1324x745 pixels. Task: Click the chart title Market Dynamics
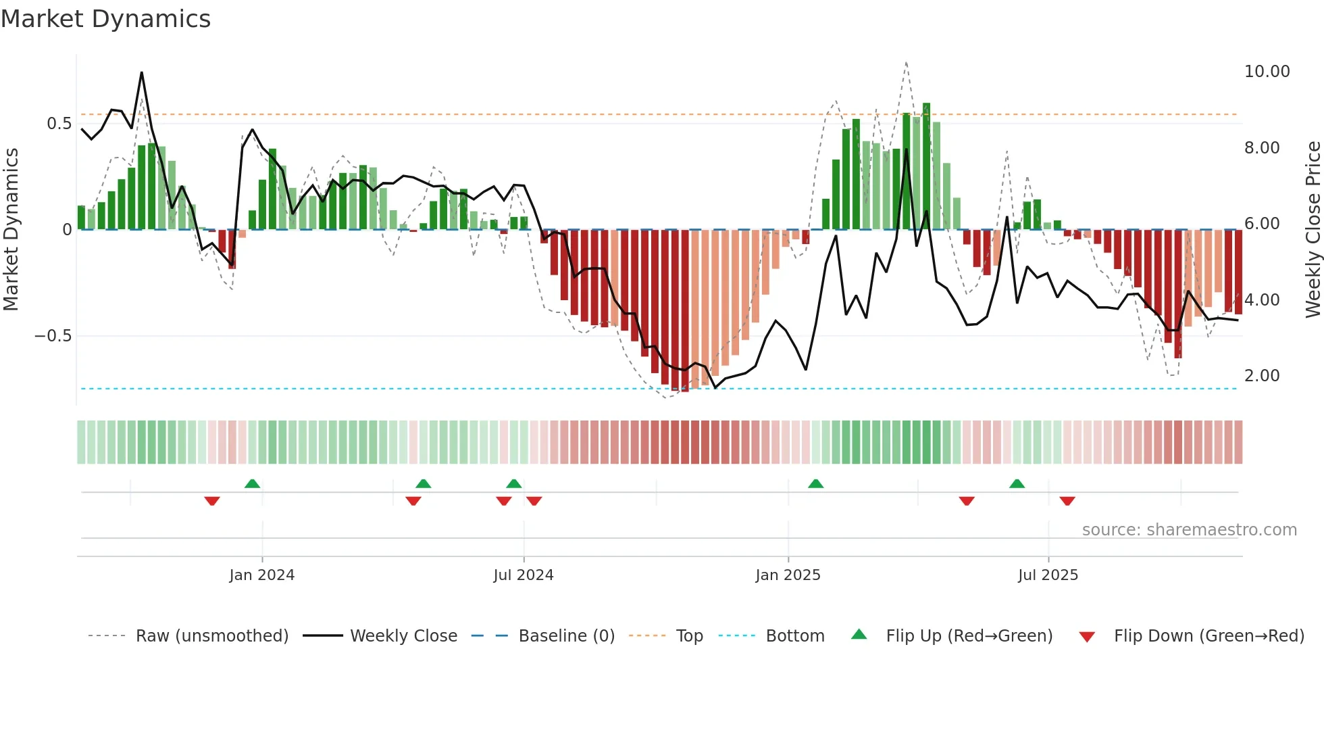pyautogui.click(x=105, y=19)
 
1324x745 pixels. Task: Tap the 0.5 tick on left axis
pyautogui.click(x=59, y=124)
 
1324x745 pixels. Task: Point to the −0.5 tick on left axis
pyautogui.click(x=53, y=336)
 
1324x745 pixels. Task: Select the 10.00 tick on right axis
pyautogui.click(x=1267, y=72)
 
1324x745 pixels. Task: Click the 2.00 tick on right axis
pyautogui.click(x=1262, y=376)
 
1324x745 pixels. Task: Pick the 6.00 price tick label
pyautogui.click(x=1262, y=224)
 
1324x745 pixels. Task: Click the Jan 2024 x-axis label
pyautogui.click(x=262, y=575)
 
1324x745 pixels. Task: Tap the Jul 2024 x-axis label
pyautogui.click(x=524, y=575)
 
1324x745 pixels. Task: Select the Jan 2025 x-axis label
pyautogui.click(x=788, y=575)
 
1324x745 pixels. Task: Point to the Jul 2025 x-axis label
pyautogui.click(x=1048, y=575)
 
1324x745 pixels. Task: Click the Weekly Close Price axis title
pyautogui.click(x=1313, y=230)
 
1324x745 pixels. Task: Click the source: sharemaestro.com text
pyautogui.click(x=1189, y=530)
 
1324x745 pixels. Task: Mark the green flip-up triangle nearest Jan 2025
pyautogui.click(x=815, y=483)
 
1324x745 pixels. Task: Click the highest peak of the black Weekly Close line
pyautogui.click(x=141, y=72)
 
